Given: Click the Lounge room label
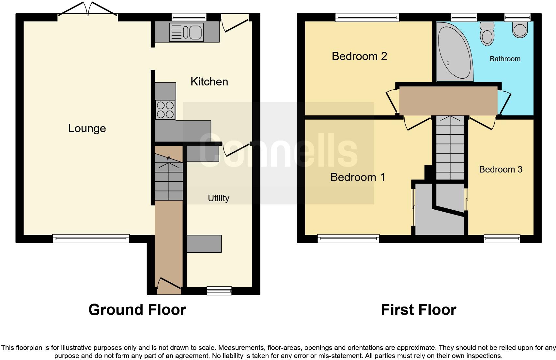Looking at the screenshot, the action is tap(87, 128).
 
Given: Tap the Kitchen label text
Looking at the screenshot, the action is tap(209, 82).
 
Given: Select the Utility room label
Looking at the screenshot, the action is tap(218, 198).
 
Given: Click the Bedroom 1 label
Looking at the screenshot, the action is tap(358, 177).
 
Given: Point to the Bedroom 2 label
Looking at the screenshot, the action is tap(360, 56).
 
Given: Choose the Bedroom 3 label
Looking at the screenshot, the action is tap(501, 170).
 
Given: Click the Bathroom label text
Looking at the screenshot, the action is tap(505, 59).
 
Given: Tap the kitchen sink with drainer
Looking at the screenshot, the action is tap(186, 32).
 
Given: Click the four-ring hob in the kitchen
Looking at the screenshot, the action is tap(165, 110).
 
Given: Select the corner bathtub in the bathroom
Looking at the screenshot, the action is tap(455, 52).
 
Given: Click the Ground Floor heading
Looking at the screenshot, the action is tap(137, 310).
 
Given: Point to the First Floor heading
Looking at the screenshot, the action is tap(419, 310).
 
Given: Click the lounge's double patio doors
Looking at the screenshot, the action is tap(88, 10).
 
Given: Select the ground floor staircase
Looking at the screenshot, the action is tap(169, 177).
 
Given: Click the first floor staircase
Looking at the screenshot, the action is tap(450, 148).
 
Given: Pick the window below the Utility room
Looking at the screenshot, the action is tap(219, 291).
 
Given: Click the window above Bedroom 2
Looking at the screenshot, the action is tap(367, 17).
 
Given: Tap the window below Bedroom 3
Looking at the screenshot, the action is tap(502, 239).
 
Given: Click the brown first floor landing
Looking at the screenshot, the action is tap(448, 101).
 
